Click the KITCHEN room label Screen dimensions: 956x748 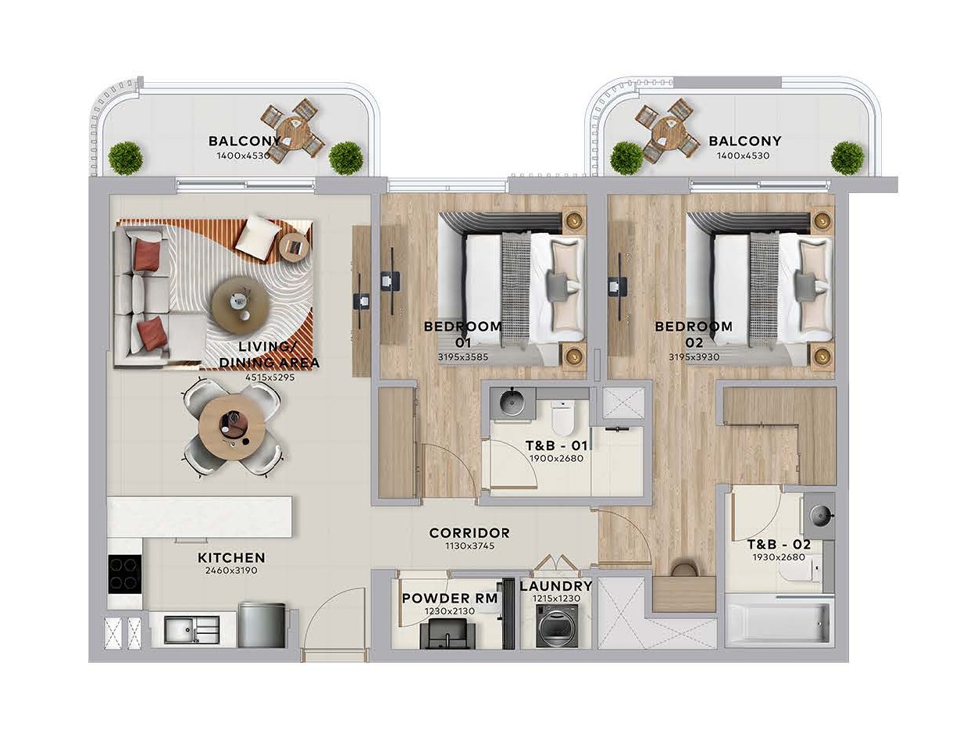(231, 558)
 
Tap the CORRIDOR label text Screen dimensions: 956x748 (469, 533)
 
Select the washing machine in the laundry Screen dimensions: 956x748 (557, 625)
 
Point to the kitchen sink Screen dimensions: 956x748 (192, 630)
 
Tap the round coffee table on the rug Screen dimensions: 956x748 (241, 303)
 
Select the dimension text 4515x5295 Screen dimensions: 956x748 (269, 378)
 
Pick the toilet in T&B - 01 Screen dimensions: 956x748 (564, 416)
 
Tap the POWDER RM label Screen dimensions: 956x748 (450, 598)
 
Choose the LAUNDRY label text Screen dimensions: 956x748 (556, 586)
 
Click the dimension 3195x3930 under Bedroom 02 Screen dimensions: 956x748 (694, 357)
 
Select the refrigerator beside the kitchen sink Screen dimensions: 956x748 (262, 625)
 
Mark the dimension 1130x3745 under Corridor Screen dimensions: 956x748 (469, 546)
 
